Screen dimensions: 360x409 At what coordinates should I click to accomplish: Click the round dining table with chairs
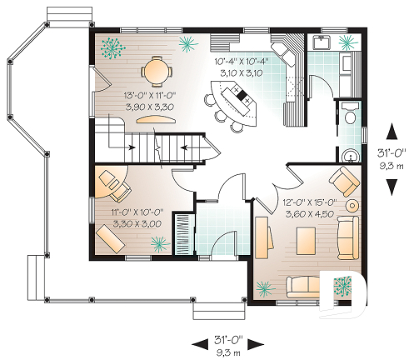click(154, 69)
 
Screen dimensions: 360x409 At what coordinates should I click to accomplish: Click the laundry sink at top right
click(321, 42)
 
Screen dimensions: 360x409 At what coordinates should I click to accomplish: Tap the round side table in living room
click(352, 205)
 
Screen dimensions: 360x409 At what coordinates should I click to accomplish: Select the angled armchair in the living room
click(342, 180)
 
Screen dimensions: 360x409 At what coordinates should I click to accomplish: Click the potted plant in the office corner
click(157, 242)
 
